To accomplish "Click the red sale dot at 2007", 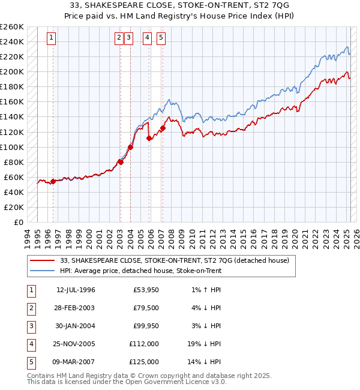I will (163, 128).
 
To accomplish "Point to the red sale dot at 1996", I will (53, 181).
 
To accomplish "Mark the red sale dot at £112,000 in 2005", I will (149, 138).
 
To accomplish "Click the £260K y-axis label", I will (12, 27).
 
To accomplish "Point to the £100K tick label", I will (12, 147).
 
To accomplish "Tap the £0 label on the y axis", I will (19, 222).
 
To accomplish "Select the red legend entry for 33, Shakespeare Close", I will (174, 260).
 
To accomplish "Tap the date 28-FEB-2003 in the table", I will (76, 308).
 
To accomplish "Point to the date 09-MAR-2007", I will (76, 362).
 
